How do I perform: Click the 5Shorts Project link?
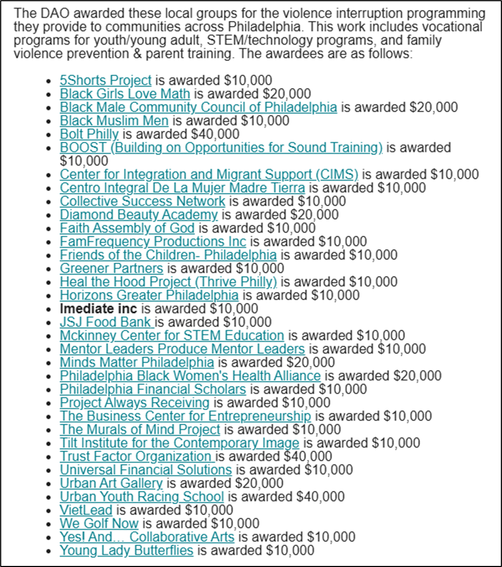coord(105,81)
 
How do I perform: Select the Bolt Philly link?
coord(89,134)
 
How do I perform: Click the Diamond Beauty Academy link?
coord(139,215)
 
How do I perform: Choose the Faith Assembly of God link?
coord(127,228)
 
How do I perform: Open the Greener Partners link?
coord(111,268)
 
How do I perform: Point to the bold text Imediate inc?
coord(98,309)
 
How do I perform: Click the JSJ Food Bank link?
coord(106,322)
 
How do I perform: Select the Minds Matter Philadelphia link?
coord(136,362)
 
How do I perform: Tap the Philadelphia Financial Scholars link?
coord(152,389)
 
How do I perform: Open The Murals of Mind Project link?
coord(140,429)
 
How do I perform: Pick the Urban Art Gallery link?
coord(111,483)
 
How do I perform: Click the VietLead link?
coord(86,510)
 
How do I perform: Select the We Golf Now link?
coord(99,523)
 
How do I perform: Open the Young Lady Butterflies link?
coord(126,550)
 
